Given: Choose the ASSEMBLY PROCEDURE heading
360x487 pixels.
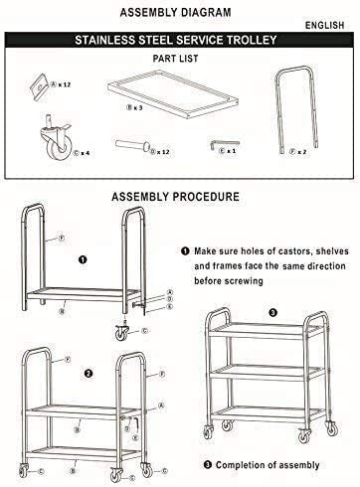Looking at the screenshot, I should (180, 195).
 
